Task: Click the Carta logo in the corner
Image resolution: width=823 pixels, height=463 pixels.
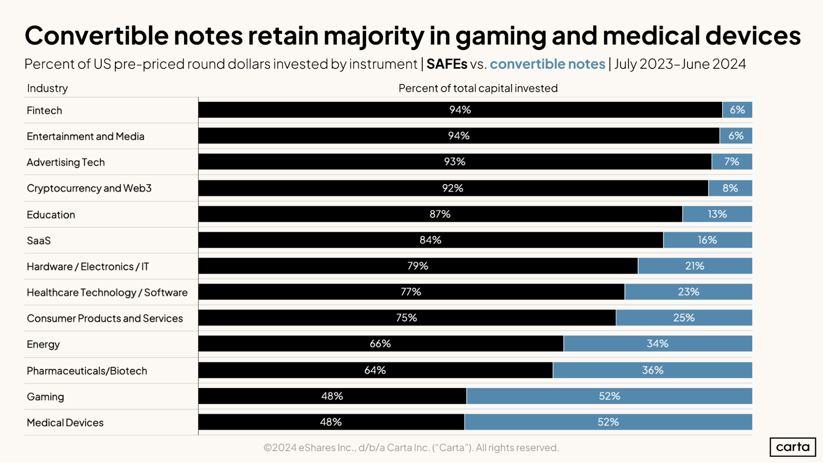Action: pos(793,447)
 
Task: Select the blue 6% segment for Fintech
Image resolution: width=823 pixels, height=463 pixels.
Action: pos(737,110)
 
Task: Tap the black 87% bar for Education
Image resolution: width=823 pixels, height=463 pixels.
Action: pos(440,214)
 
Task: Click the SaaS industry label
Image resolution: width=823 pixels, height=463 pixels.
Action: pos(39,240)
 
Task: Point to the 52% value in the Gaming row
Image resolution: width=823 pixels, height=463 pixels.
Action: pos(609,396)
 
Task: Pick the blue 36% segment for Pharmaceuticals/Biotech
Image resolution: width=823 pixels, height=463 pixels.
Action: pos(653,370)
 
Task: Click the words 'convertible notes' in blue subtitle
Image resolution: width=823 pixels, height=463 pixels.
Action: pos(547,64)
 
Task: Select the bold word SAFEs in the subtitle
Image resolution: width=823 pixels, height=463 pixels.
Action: pos(447,64)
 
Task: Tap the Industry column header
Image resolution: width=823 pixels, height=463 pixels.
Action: pos(47,88)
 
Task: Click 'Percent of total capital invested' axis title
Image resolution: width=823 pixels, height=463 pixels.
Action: pos(478,88)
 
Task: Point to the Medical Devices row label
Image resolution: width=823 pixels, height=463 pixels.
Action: pos(65,423)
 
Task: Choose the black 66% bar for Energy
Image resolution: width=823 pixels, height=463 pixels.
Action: pos(380,344)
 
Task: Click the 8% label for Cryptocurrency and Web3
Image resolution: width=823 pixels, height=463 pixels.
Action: pos(730,188)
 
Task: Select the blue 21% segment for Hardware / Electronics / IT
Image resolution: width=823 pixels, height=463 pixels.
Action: pos(695,266)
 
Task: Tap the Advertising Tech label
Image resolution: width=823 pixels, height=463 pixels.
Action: pos(66,162)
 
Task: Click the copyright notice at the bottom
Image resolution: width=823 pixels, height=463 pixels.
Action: pos(411,447)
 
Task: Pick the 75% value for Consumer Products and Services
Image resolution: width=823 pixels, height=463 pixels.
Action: pos(406,318)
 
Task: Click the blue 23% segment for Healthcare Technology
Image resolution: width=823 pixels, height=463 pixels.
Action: pos(688,292)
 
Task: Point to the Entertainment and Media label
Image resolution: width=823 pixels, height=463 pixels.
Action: pos(86,136)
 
